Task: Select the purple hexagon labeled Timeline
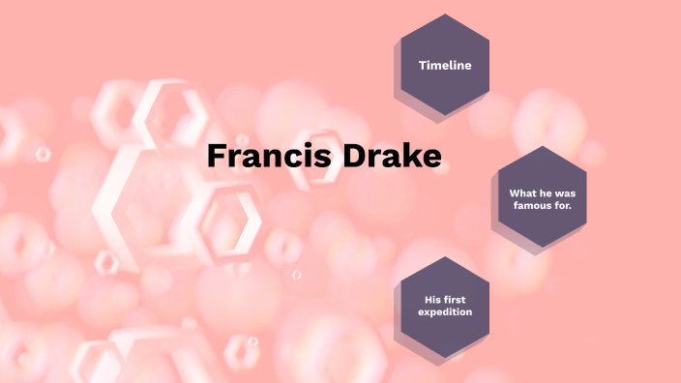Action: pos(444,65)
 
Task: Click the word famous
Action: pos(530,205)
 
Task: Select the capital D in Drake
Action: pos(355,157)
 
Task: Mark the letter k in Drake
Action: pos(410,157)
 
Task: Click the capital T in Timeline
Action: pos(422,65)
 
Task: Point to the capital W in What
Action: pos(514,192)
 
